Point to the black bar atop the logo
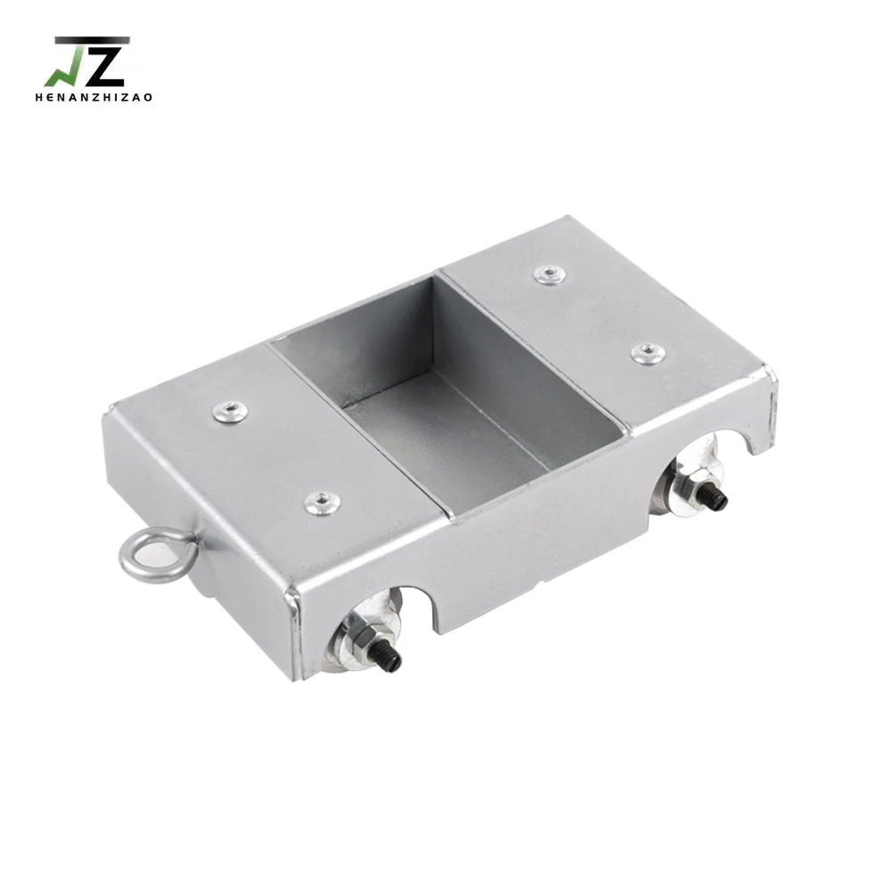(x=92, y=40)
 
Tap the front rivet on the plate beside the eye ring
(x=322, y=503)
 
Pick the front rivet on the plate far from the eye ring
(x=648, y=354)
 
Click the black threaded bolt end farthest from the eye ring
(x=716, y=500)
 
